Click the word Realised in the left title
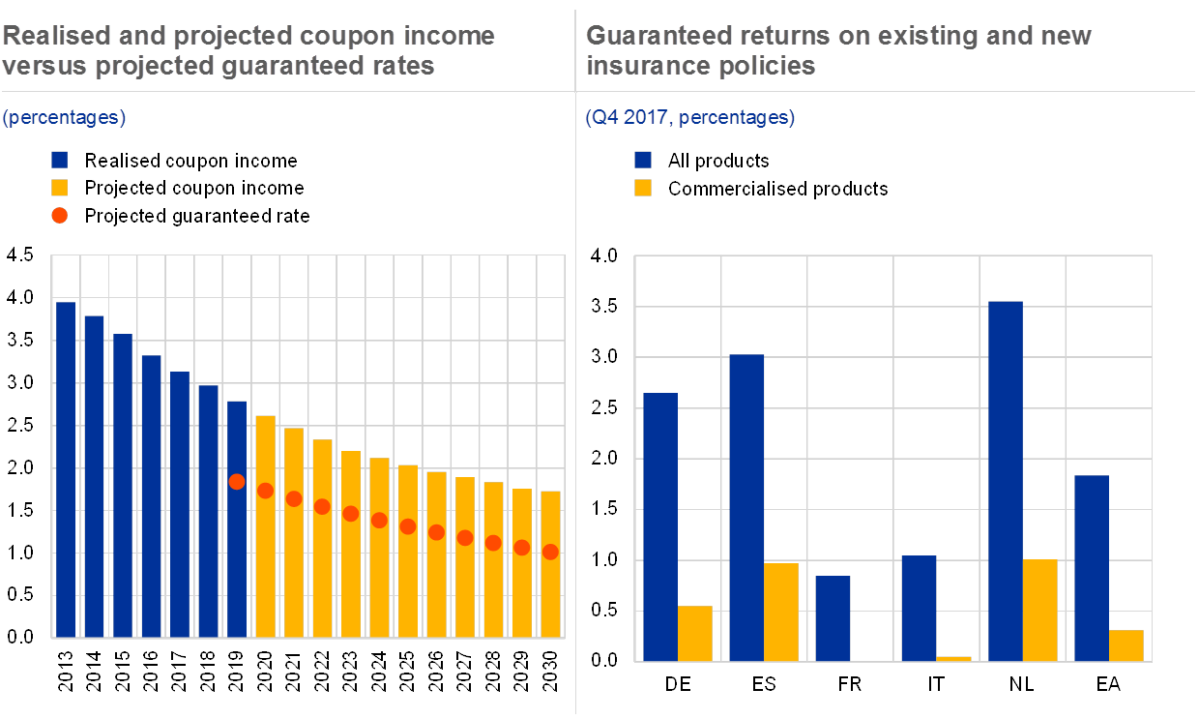pyautogui.click(x=49, y=36)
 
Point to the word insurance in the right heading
pyautogui.click(x=638, y=66)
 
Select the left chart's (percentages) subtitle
pyautogui.click(x=64, y=118)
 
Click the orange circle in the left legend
pyautogui.click(x=60, y=216)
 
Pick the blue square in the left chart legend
pyautogui.click(x=60, y=160)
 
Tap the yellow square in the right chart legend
pyautogui.click(x=643, y=188)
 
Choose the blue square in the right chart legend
pyautogui.click(x=643, y=160)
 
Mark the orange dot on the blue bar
pyautogui.click(x=237, y=481)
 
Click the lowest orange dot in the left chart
pyautogui.click(x=550, y=552)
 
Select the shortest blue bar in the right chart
pyautogui.click(x=833, y=618)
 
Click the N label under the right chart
pyautogui.click(x=1015, y=684)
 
